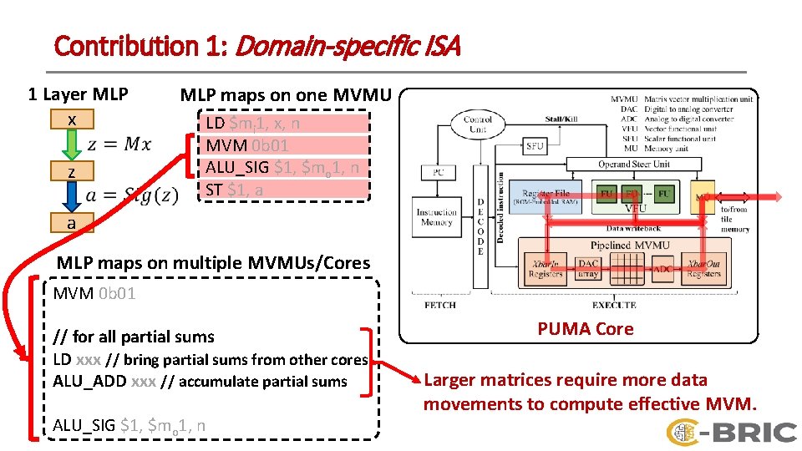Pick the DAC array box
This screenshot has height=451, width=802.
(x=588, y=268)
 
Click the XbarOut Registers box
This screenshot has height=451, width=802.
(x=703, y=268)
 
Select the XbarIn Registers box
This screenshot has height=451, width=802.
(x=546, y=268)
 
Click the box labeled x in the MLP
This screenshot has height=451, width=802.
(x=73, y=120)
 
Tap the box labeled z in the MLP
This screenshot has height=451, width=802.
(x=73, y=172)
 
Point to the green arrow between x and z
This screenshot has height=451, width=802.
(x=73, y=146)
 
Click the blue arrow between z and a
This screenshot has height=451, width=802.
(x=73, y=197)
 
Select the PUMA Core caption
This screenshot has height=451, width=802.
(x=585, y=329)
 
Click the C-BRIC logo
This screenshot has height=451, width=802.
(x=732, y=431)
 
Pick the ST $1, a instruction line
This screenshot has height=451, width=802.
(x=235, y=190)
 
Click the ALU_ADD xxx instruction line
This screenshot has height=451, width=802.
(x=200, y=382)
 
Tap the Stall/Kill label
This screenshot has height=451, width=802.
(x=563, y=119)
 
